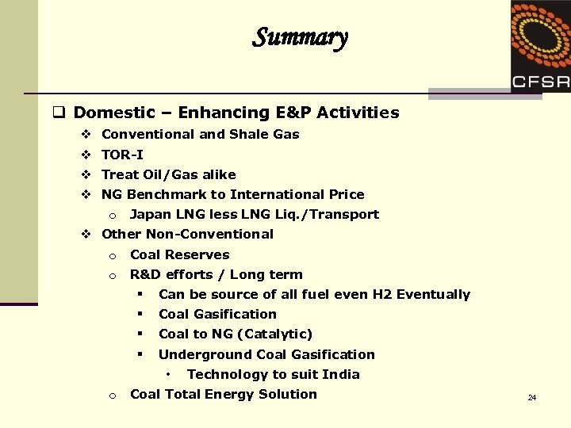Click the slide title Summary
300,37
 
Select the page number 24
532,397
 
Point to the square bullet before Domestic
59,113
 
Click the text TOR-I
122,155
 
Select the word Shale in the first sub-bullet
249,134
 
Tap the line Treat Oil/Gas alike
168,174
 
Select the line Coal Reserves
179,254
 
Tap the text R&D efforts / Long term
216,274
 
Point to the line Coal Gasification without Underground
217,314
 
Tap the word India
339,374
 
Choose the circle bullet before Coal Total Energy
113,395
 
